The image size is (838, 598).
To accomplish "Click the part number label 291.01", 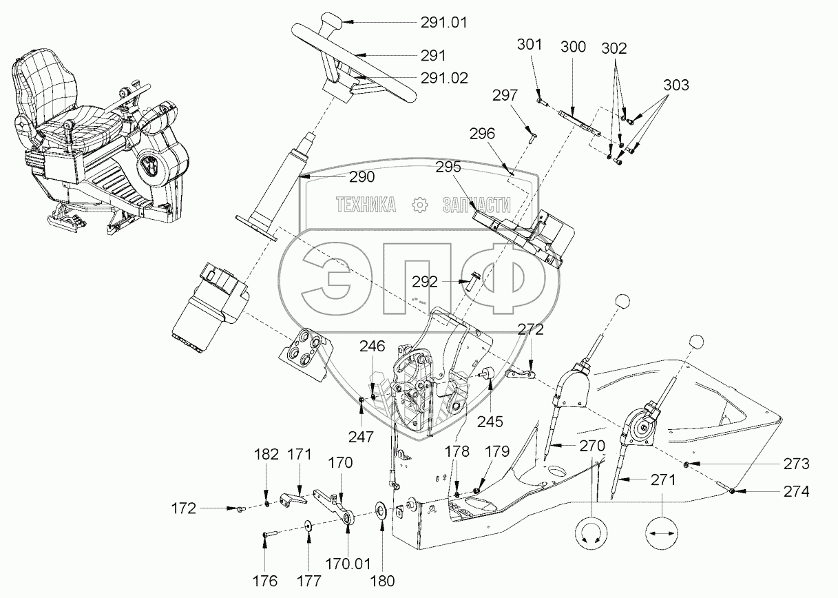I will [x=444, y=22].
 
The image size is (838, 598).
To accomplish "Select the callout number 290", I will [x=362, y=177].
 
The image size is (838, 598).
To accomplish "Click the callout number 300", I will [x=573, y=47].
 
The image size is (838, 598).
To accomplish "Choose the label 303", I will [x=676, y=85].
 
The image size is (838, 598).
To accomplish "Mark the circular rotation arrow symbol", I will [x=590, y=533].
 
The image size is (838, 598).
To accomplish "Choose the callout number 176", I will [x=266, y=579].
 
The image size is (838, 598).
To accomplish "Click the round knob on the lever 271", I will [x=697, y=342].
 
